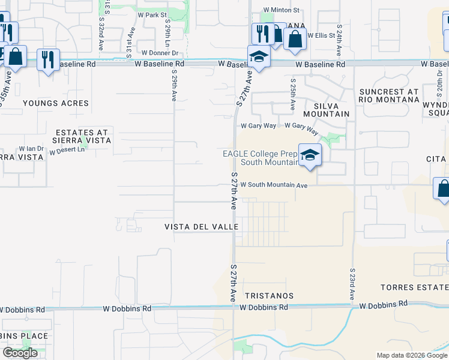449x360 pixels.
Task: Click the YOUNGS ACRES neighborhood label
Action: point(56,103)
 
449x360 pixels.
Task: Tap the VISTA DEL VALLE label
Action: point(202,227)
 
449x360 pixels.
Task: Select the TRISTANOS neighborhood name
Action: point(270,296)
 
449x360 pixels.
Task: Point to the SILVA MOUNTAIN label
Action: point(326,110)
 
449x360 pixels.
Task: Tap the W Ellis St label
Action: point(321,35)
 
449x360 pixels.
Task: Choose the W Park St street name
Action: point(152,14)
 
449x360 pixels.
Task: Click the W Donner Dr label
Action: point(151,53)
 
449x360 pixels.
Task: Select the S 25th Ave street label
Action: point(292,94)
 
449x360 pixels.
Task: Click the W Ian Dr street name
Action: point(32,148)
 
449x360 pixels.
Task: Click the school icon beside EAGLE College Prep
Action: point(310,155)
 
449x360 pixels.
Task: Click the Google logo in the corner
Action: point(20,353)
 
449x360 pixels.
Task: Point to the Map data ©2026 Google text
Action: point(412,355)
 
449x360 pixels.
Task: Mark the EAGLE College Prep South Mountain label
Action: point(261,158)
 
